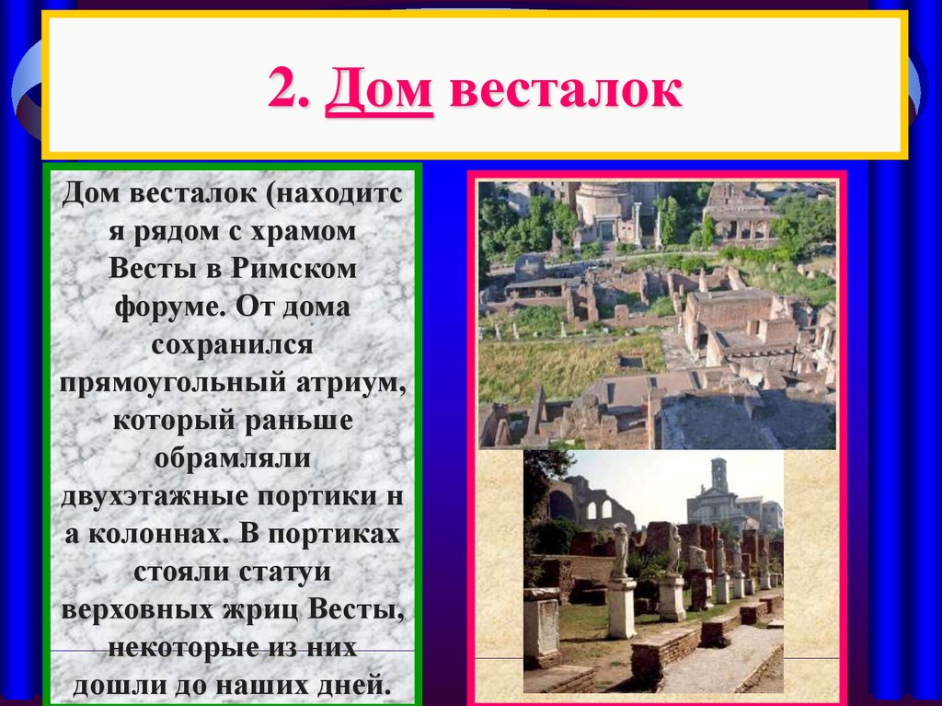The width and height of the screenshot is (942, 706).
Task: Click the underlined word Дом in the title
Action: point(378,93)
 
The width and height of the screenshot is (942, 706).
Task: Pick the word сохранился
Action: point(234,346)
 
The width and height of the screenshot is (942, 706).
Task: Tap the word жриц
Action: point(260,609)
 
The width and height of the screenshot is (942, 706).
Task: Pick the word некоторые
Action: point(179,647)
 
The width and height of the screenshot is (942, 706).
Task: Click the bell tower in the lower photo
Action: point(718,479)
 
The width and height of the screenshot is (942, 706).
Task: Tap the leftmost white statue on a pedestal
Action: point(621,552)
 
